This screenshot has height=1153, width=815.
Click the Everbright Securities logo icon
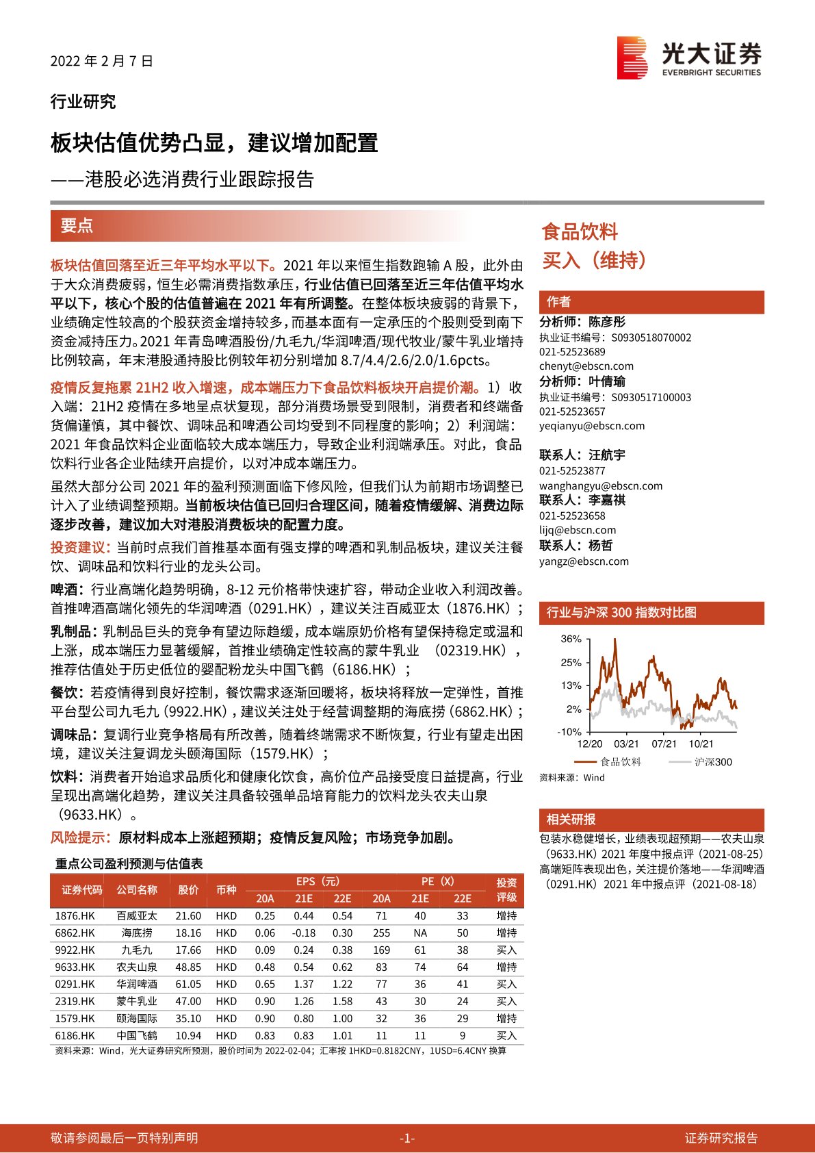coord(632,58)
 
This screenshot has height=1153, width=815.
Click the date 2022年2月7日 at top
coord(101,61)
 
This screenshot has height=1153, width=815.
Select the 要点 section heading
coord(77,226)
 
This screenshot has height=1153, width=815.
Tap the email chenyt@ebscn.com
coord(586,366)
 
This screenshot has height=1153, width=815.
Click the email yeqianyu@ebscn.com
coord(592,426)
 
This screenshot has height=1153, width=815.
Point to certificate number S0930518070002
coord(651,338)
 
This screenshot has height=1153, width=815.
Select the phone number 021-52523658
coord(572,516)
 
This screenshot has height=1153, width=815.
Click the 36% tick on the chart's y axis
coord(571,639)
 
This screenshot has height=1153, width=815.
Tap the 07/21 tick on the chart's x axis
coord(664,744)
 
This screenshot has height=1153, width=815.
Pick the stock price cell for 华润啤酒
coord(188,984)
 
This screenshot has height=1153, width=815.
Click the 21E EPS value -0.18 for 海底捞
coord(303,933)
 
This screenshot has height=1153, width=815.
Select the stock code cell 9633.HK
coord(75,967)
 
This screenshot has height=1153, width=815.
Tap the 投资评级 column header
coord(506,889)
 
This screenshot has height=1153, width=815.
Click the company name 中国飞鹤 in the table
coord(136,1035)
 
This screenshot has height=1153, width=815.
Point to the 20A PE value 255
coord(381,933)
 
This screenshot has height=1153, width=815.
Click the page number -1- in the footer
coord(406,1138)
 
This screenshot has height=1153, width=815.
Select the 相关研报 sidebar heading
coord(571,820)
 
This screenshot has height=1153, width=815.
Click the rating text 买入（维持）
coord(594,260)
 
